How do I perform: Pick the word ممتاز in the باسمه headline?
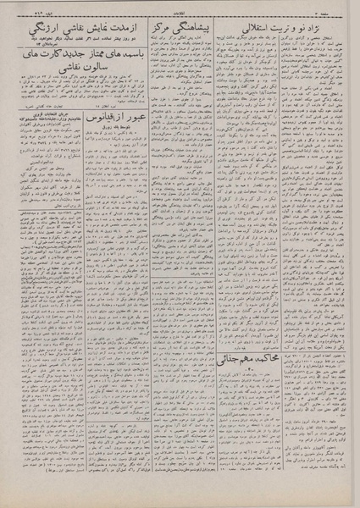[x=86, y=57]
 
